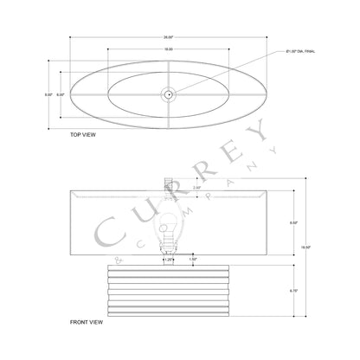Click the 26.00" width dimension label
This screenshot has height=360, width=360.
point(168,38)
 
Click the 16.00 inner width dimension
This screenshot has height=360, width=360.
point(168,50)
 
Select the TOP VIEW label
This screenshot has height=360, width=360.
point(83,136)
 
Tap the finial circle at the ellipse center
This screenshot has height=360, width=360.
point(168,93)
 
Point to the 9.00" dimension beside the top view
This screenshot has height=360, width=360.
point(48,93)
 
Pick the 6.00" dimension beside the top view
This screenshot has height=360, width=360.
point(61,93)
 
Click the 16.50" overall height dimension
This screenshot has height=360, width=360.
point(317,245)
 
